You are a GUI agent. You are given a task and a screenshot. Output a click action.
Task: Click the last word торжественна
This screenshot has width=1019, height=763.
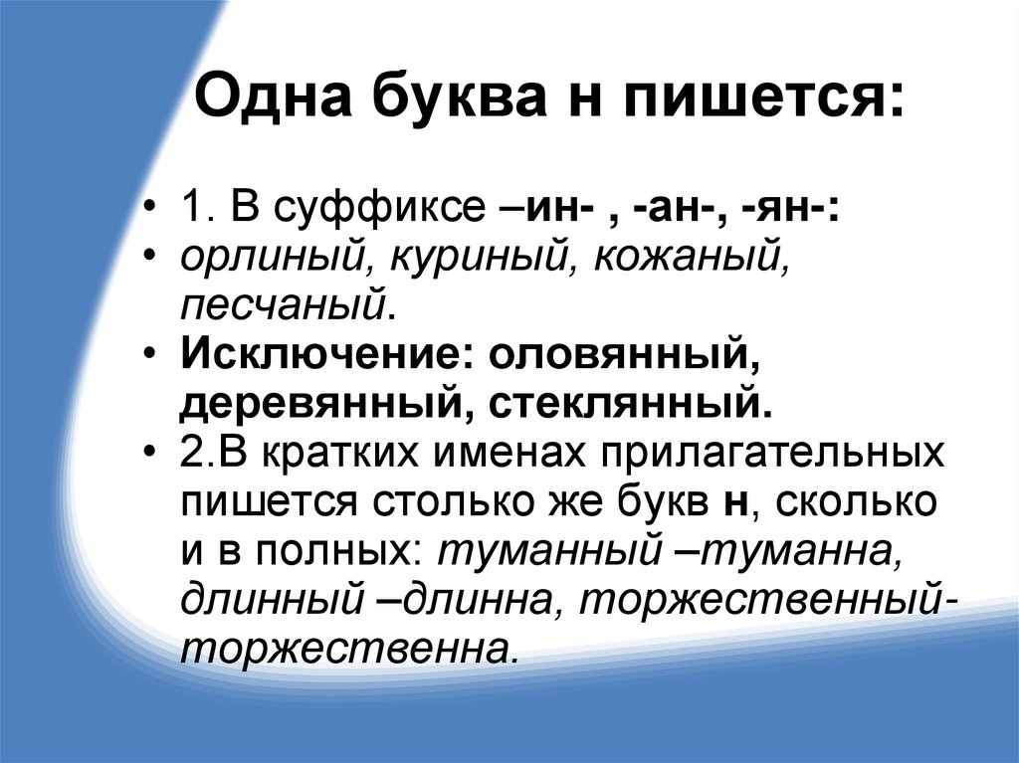348,648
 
